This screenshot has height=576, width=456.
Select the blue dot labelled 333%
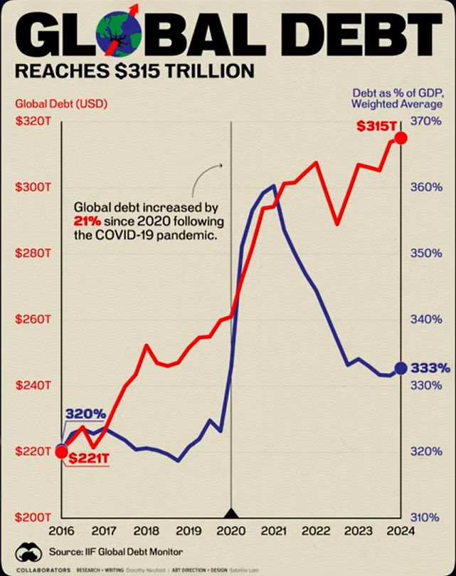(401, 368)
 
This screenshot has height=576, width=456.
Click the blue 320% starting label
(85, 414)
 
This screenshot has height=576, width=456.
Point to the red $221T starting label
(88, 460)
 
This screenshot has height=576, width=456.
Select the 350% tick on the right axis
(426, 253)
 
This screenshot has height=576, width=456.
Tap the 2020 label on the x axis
(230, 530)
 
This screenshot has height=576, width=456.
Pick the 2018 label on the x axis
(146, 530)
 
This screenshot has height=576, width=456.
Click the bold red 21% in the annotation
(85, 221)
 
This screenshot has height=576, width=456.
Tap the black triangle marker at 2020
(230, 513)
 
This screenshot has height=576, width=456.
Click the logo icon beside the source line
(26, 551)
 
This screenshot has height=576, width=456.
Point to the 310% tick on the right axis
(426, 517)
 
